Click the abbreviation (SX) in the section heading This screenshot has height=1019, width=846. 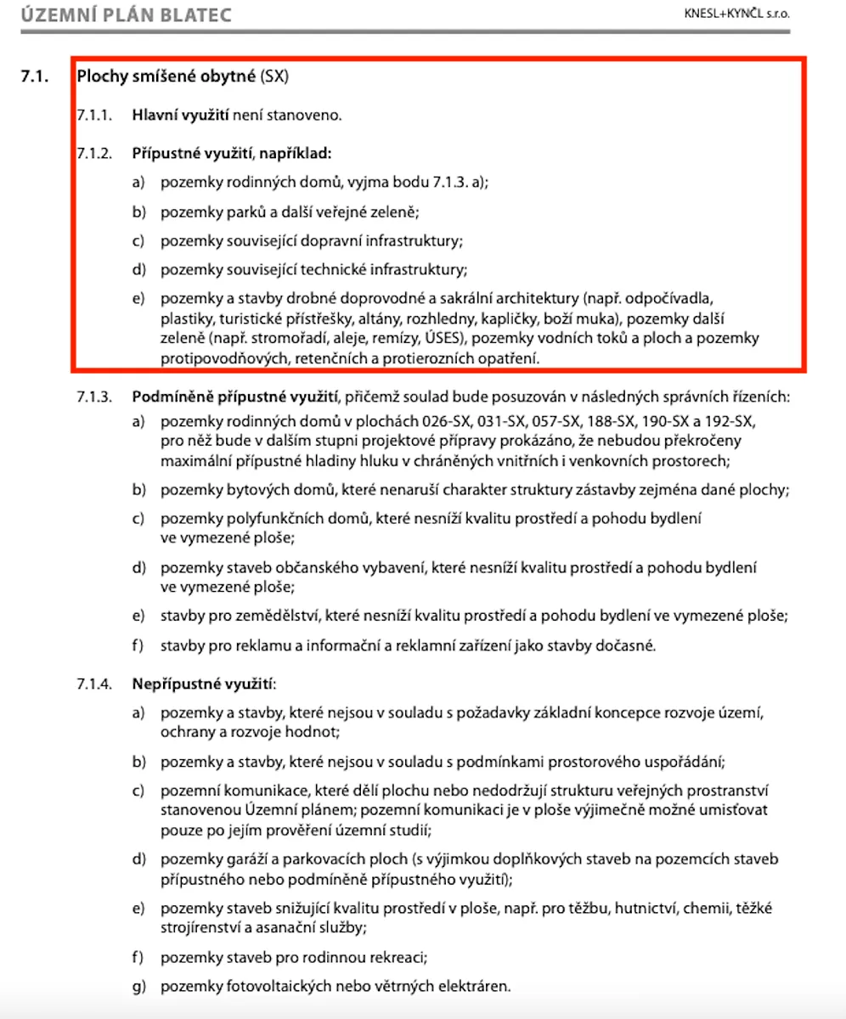(x=275, y=77)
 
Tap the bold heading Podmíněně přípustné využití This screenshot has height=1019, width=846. (x=235, y=397)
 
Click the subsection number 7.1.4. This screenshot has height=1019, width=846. (x=93, y=684)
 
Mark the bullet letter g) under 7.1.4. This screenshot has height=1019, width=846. (x=138, y=987)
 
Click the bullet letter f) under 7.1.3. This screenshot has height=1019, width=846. (x=138, y=645)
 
